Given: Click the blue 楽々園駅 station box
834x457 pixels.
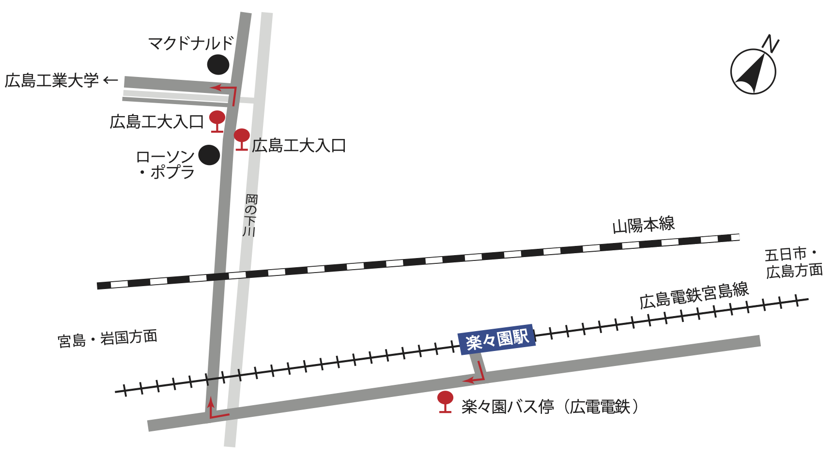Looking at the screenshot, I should [x=497, y=339].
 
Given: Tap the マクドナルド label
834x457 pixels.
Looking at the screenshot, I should [x=191, y=44].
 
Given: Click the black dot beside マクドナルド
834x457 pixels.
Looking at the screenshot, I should [x=218, y=64].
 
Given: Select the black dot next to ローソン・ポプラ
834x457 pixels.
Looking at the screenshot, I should [x=209, y=155].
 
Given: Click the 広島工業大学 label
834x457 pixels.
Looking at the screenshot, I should [x=52, y=80].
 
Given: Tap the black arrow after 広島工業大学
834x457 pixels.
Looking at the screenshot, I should [x=111, y=80].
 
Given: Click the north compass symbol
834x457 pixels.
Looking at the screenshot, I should [x=753, y=72].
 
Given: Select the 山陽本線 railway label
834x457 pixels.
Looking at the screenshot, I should [x=643, y=225].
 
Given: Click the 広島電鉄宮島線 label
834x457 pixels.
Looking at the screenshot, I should [x=694, y=295].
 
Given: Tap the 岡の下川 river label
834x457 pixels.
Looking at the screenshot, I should [x=250, y=215].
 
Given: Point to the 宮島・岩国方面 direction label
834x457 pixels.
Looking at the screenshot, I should [x=108, y=338].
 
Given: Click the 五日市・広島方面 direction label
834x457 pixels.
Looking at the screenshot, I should [x=793, y=263].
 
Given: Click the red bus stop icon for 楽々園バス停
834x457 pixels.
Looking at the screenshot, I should [x=445, y=401].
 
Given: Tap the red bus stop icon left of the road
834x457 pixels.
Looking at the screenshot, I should [x=217, y=121].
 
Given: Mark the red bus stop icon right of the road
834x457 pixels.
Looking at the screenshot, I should [x=242, y=139].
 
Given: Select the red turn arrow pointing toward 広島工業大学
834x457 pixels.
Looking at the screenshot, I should [x=226, y=92].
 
